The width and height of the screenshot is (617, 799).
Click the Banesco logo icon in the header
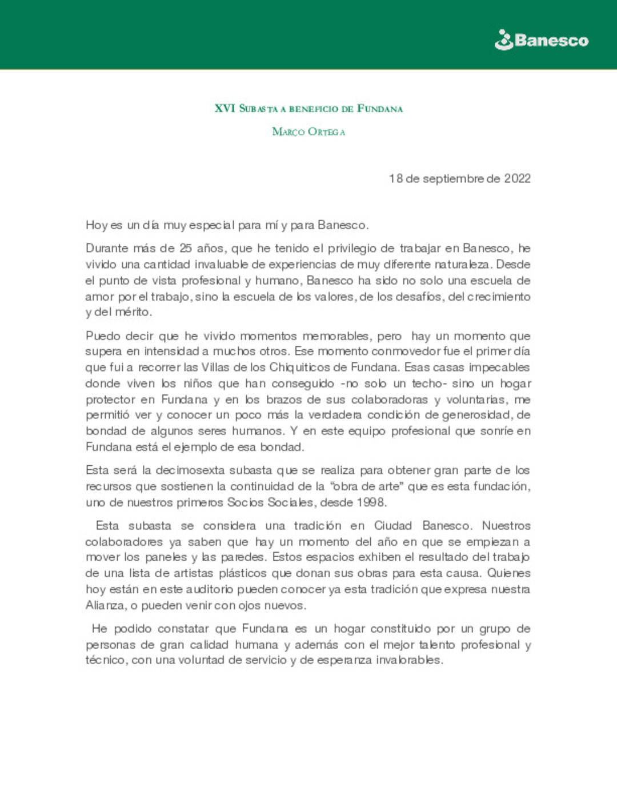[x=503, y=40]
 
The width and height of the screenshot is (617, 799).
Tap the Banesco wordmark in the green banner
[x=551, y=41]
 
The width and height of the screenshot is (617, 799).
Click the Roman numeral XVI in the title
[x=225, y=108]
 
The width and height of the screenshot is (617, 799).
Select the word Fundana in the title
[x=380, y=109]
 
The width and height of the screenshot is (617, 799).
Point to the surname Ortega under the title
[x=326, y=132]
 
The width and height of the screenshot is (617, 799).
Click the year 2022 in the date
[x=517, y=178]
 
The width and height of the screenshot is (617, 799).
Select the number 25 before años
[x=185, y=248]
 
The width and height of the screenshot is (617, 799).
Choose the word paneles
[x=166, y=557]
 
